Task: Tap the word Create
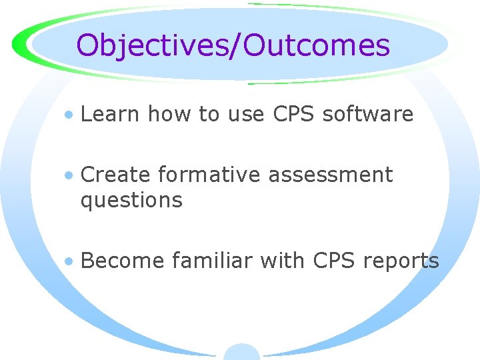coord(115,175)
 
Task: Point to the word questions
coord(131,201)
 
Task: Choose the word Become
coord(122,261)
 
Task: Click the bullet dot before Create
coord(69,176)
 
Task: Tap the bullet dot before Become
coord(69,262)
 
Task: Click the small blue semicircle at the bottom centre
coord(241,353)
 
